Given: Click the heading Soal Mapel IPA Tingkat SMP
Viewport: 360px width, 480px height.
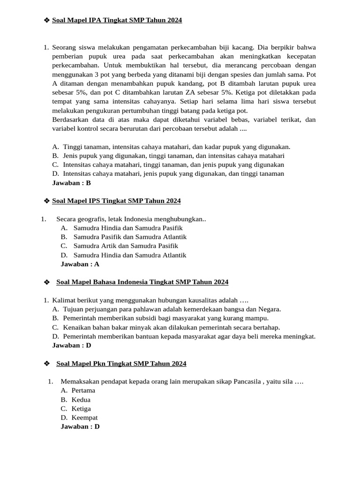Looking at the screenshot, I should [117, 20].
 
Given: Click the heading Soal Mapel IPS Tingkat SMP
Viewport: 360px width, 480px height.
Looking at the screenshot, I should [116, 201].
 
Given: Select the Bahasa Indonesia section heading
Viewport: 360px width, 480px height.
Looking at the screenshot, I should [142, 282].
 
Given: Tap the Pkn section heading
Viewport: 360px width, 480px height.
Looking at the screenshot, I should [121, 363].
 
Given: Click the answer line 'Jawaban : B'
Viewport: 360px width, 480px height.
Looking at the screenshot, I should [71, 183].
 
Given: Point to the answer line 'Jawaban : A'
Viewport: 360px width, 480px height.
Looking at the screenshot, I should [80, 264].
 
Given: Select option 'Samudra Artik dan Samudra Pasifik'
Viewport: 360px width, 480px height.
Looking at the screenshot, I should [126, 246].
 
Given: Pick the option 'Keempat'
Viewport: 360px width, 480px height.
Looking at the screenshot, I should [84, 418].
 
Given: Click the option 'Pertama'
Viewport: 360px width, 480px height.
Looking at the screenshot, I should [83, 390].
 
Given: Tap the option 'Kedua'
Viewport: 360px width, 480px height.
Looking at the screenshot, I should [81, 400].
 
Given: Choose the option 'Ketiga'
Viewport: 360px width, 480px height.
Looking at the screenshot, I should [81, 409].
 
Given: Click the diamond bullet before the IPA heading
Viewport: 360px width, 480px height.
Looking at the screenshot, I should [46, 20].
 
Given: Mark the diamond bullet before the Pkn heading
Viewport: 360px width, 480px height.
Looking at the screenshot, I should [46, 364].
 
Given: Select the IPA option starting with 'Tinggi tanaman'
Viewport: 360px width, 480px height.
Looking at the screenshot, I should [176, 147].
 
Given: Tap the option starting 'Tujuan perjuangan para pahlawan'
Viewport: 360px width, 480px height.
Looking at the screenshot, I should [172, 309].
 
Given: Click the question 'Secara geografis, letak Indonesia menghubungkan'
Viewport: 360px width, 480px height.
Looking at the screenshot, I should [131, 219].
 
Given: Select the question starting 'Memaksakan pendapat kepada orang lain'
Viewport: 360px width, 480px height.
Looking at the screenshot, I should [182, 382].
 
